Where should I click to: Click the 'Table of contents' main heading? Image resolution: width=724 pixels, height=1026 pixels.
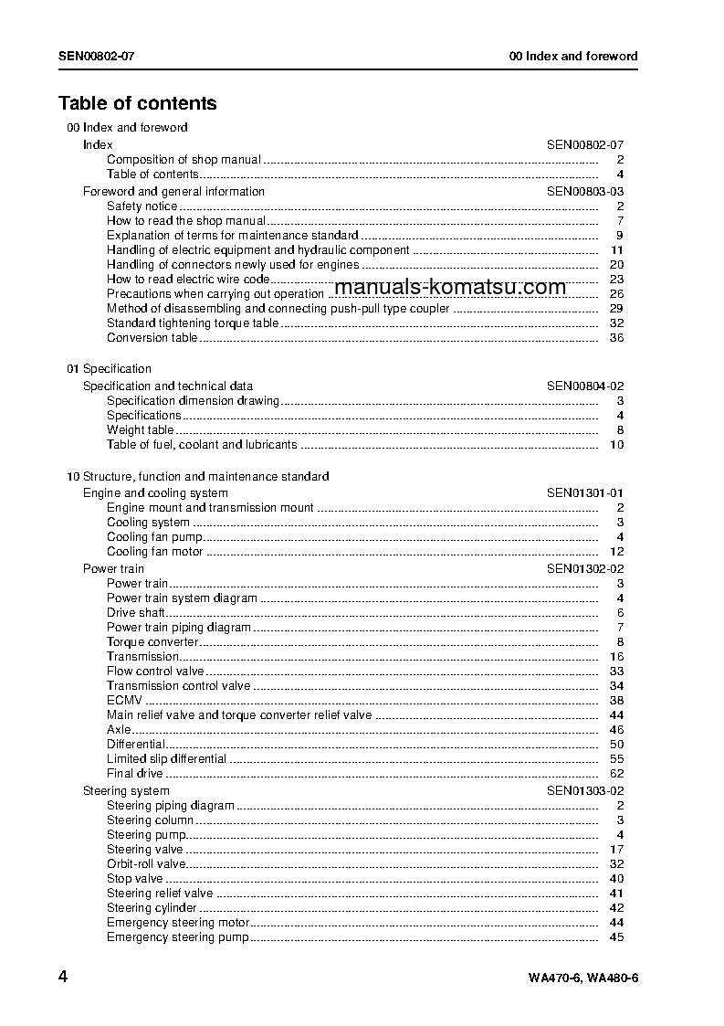[138, 103]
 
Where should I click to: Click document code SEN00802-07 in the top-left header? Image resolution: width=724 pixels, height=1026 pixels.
[97, 56]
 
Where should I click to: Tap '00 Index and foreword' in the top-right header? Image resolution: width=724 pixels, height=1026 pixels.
[572, 56]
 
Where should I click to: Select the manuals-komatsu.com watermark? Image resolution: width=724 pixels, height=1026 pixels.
[450, 287]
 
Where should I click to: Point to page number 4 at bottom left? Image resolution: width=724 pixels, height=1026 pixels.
[63, 977]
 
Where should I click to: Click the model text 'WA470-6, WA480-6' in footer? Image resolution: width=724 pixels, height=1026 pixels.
[582, 978]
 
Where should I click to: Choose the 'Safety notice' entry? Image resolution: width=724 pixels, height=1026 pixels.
[142, 206]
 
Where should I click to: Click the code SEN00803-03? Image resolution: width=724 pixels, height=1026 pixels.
[585, 192]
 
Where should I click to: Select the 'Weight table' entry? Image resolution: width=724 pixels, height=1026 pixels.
[140, 430]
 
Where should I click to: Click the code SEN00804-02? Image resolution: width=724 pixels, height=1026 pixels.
[585, 386]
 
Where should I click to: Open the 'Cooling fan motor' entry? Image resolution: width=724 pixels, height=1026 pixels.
[154, 552]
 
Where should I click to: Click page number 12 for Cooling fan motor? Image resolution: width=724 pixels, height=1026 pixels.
[616, 552]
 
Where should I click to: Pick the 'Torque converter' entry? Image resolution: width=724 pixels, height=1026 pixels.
[152, 642]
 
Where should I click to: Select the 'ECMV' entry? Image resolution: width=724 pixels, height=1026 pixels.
[124, 701]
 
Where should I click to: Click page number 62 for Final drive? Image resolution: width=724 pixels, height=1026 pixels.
[616, 774]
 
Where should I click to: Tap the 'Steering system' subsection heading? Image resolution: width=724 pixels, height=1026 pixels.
[126, 791]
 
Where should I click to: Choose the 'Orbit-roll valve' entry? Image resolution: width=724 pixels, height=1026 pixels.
[146, 864]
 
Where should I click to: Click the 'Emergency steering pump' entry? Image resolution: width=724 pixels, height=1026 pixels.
[177, 937]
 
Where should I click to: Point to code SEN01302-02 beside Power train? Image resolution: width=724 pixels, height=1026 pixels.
[585, 569]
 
